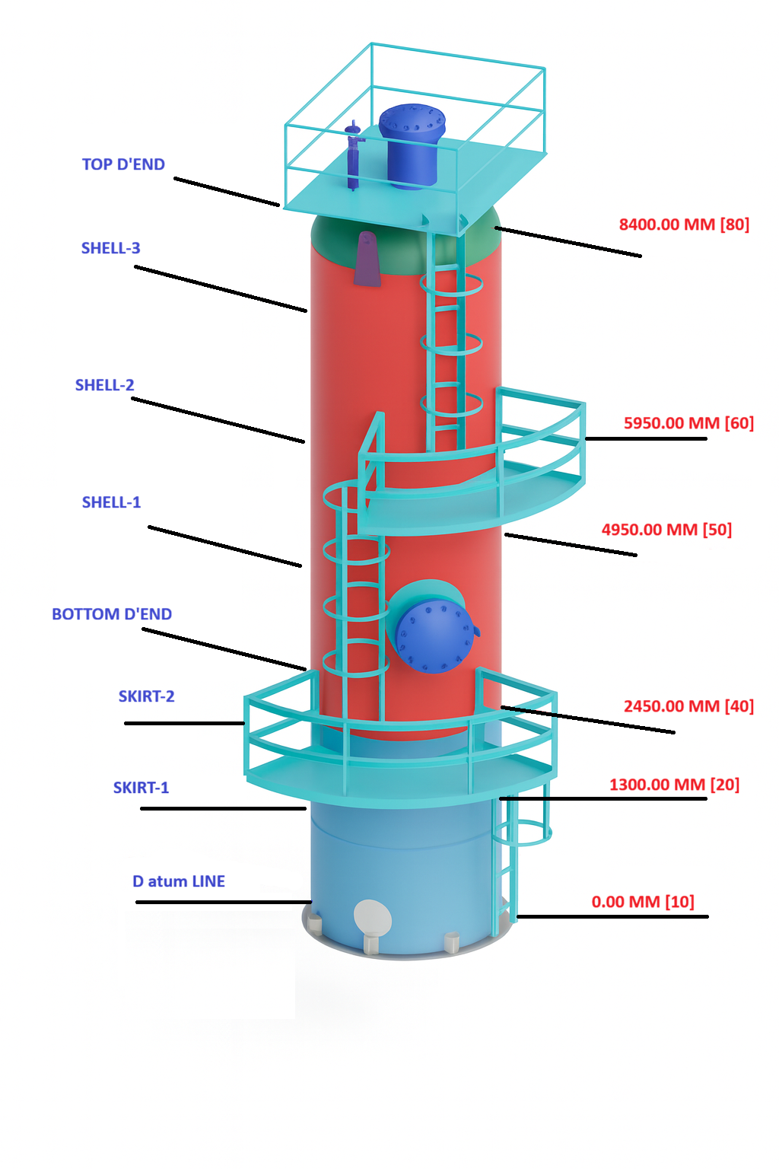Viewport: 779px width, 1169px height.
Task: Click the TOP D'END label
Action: [x=123, y=164]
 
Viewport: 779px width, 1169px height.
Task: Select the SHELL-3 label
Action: [x=111, y=248]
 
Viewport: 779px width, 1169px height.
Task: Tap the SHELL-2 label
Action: [x=105, y=385]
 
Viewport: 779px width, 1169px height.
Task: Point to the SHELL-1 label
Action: [x=112, y=502]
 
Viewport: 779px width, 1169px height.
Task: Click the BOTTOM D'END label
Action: [x=112, y=614]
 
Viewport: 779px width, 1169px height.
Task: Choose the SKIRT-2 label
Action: [x=147, y=696]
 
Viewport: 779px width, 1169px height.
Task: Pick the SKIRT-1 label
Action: [x=141, y=788]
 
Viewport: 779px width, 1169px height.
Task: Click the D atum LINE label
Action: [x=179, y=881]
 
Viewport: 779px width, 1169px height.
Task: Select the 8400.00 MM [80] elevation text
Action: [x=684, y=225]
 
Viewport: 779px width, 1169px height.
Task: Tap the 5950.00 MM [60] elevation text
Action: [x=688, y=423]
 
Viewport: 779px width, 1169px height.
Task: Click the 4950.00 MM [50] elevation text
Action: [x=666, y=530]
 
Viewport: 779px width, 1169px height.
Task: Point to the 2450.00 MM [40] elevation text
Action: [x=688, y=706]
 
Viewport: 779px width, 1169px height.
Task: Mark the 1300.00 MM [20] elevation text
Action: [x=674, y=785]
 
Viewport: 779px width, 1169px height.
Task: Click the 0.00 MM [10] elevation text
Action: [x=643, y=902]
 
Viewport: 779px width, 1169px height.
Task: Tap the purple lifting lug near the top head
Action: [x=367, y=259]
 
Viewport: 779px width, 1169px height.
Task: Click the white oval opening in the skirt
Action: [x=373, y=917]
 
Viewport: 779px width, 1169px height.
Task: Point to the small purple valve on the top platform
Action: [x=353, y=156]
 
